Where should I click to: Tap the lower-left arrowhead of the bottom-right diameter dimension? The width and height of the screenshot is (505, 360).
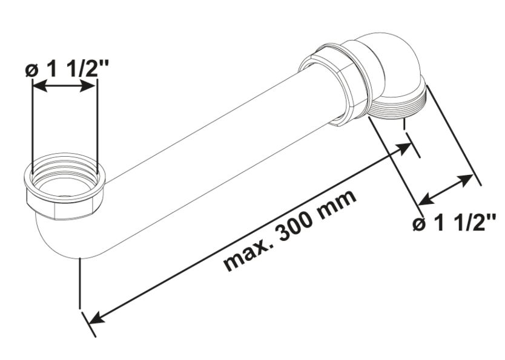pos(424,199)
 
